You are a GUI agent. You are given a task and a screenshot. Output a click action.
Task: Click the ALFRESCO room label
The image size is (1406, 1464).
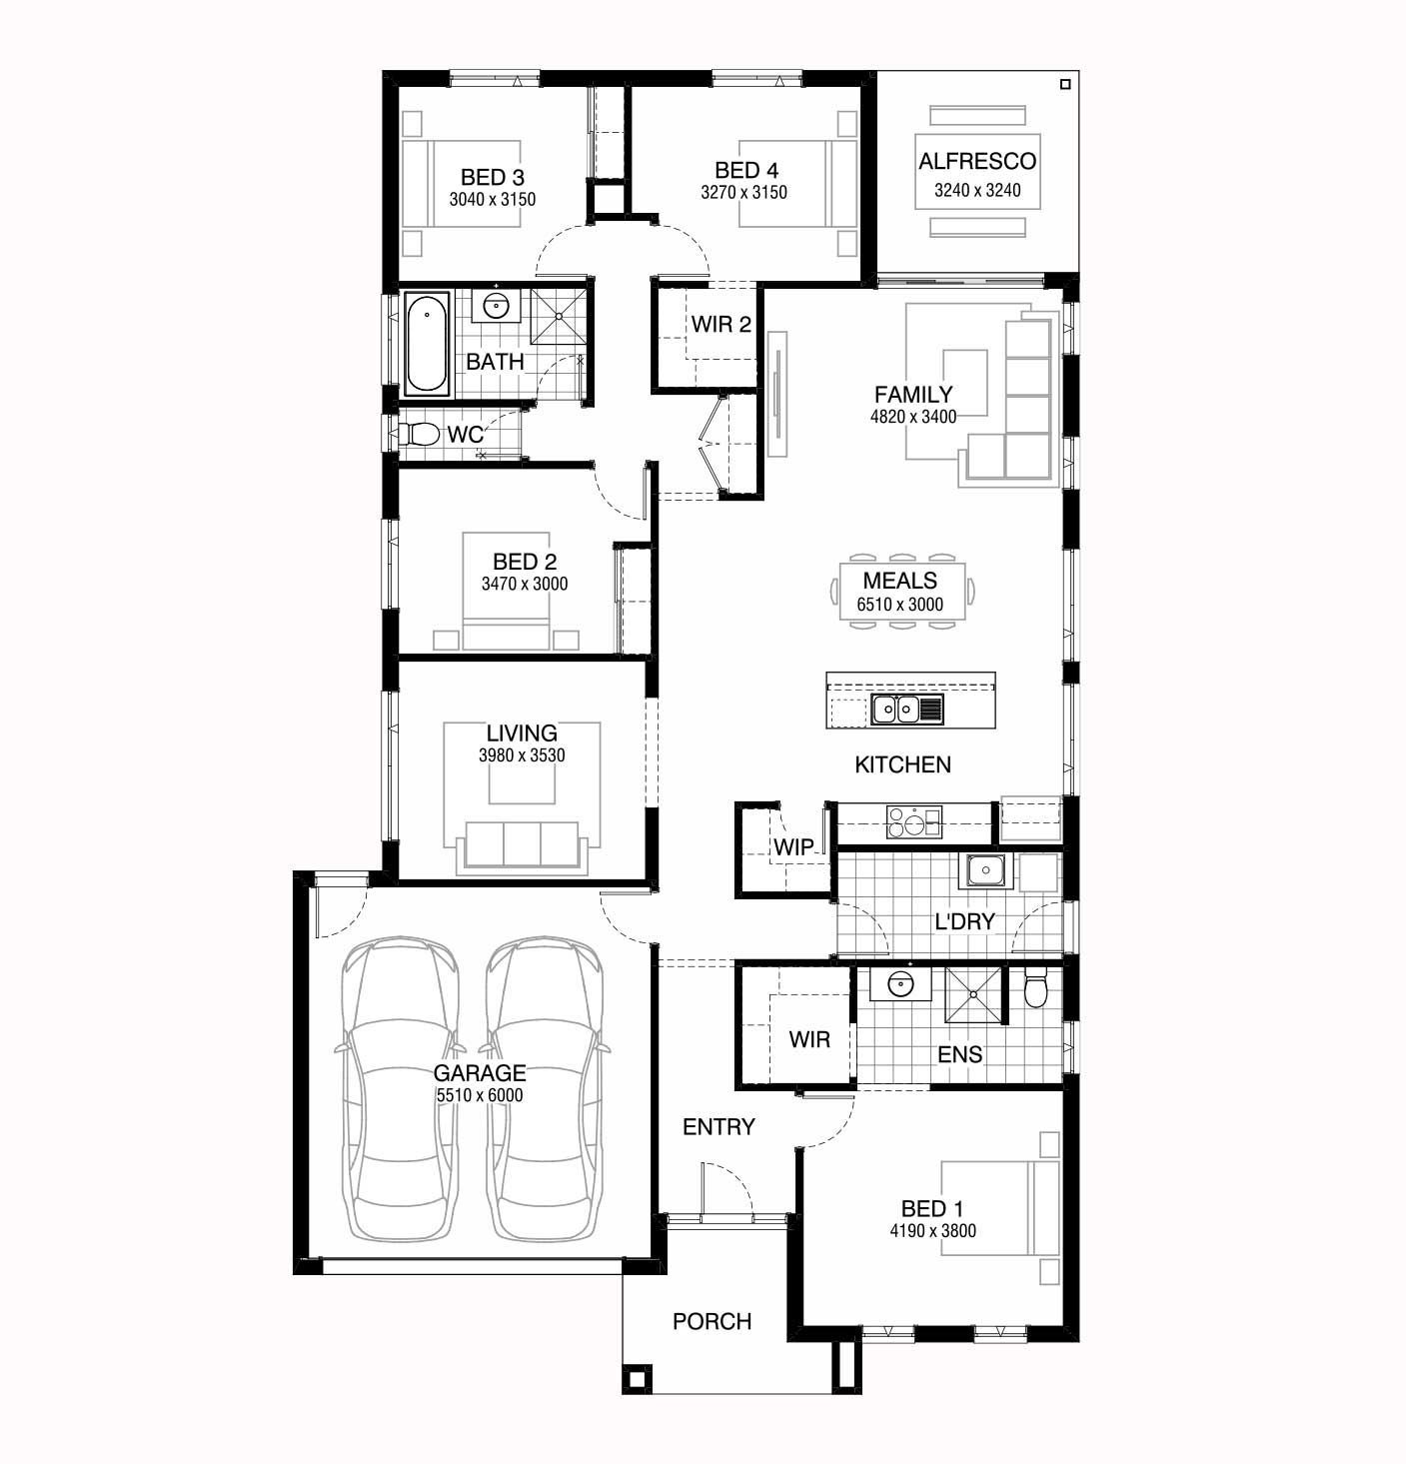977,161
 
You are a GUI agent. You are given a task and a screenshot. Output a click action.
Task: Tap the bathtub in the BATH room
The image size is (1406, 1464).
427,343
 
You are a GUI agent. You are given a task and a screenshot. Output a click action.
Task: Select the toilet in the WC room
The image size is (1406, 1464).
419,434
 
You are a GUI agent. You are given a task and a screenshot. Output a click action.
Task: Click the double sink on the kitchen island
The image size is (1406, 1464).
906,709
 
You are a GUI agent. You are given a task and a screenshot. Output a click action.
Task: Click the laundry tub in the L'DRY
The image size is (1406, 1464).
984,871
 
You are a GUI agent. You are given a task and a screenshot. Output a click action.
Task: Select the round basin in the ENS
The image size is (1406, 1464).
899,984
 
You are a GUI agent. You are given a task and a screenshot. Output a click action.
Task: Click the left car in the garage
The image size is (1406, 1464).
400,1088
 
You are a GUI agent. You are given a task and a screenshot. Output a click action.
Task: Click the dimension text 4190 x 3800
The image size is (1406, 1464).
932,1231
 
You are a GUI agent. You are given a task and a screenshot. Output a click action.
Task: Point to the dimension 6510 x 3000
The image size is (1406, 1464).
899,605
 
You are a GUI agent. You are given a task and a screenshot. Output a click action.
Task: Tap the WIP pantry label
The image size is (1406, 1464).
793,847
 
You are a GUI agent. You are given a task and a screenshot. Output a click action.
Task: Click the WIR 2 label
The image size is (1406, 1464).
721,324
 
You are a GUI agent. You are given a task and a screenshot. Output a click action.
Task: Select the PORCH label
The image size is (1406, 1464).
711,1322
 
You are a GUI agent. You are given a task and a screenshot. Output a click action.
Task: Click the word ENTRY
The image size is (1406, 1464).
718,1127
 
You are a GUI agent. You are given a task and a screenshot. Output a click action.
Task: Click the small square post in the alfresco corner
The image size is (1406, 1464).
1064,84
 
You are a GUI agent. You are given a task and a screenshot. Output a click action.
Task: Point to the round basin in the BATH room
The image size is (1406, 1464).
496,306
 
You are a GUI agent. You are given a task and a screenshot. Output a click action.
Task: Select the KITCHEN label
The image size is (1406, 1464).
902,765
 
